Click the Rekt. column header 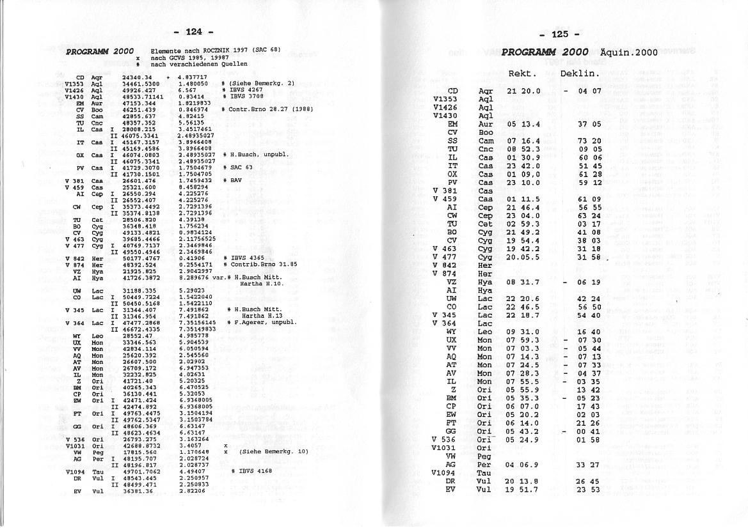click(x=522, y=74)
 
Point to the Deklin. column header click(x=580, y=74)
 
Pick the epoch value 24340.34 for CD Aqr click(x=136, y=77)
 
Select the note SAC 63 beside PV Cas click(x=239, y=167)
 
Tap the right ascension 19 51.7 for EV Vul click(x=522, y=490)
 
